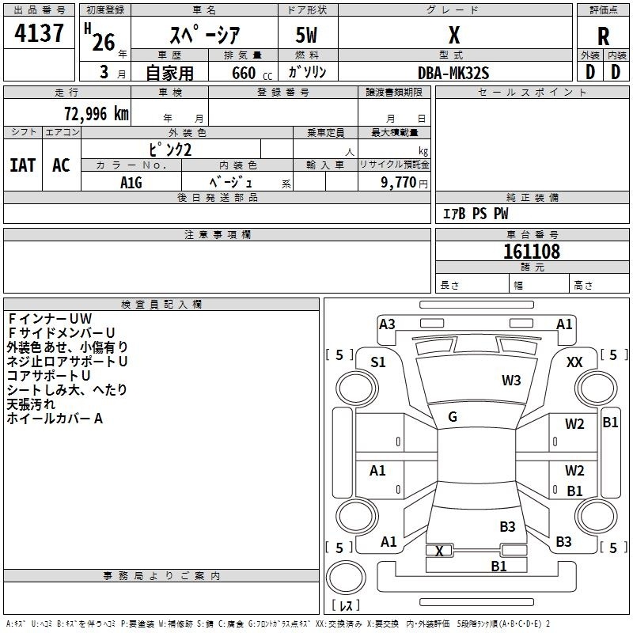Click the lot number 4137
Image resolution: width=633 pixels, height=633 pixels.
(39, 33)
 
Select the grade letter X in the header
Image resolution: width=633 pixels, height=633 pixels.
(454, 35)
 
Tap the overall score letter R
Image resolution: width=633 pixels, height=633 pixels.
(603, 36)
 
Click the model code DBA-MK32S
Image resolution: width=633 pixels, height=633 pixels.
(453, 73)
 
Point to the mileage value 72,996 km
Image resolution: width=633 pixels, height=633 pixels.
(97, 114)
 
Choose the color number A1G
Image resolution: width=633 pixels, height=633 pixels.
(131, 183)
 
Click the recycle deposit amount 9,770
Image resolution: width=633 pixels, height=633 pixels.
(399, 182)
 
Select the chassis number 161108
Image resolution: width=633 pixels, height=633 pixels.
(532, 251)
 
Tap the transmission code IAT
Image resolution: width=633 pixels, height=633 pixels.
(23, 165)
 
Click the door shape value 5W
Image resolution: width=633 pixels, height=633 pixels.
(306, 35)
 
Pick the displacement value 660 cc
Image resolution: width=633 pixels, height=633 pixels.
(252, 73)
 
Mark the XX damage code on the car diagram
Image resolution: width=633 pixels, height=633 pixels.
(574, 362)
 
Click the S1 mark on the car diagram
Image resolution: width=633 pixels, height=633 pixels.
(378, 362)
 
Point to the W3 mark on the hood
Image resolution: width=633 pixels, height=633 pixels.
(511, 380)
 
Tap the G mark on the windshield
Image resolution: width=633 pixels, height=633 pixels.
(453, 416)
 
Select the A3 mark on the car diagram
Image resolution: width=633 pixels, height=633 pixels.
(387, 324)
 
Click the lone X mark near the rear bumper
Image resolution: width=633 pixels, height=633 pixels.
(439, 551)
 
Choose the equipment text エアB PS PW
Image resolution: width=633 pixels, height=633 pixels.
(476, 214)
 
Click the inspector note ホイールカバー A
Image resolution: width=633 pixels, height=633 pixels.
(55, 419)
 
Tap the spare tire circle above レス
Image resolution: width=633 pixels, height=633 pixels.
(346, 577)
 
